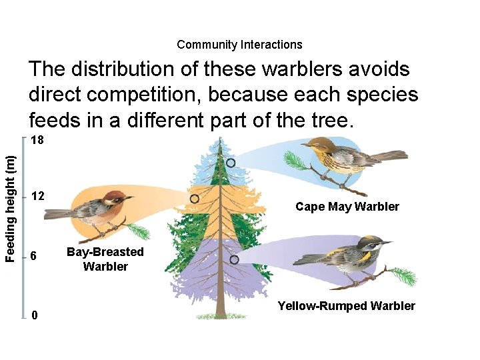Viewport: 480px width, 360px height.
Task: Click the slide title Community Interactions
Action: point(239,45)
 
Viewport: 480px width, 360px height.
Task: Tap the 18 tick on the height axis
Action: point(38,141)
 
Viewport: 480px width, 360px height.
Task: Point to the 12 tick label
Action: point(38,196)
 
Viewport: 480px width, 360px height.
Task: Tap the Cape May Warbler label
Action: point(347,207)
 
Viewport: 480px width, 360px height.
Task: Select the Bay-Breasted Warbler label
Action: point(105,259)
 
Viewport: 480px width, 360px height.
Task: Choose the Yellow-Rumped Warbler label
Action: point(346,306)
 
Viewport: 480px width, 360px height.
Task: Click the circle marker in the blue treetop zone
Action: point(231,163)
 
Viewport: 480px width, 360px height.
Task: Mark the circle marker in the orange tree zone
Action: point(195,199)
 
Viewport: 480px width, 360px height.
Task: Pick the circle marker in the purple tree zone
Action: point(234,259)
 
